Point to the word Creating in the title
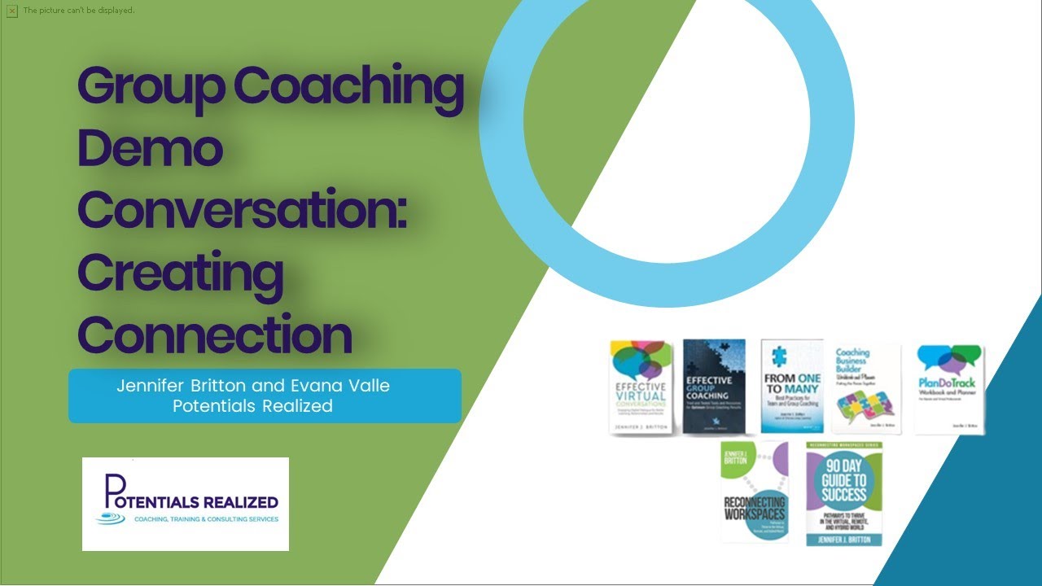point(180,272)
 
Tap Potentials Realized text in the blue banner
point(252,405)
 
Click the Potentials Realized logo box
point(186,504)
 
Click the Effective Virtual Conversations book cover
point(641,387)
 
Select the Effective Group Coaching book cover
point(714,387)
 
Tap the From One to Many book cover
point(791,387)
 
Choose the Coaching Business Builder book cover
point(865,387)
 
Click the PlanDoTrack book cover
point(949,387)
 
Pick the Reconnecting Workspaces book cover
point(755,492)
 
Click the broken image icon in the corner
point(11,11)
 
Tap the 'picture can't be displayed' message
point(78,11)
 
